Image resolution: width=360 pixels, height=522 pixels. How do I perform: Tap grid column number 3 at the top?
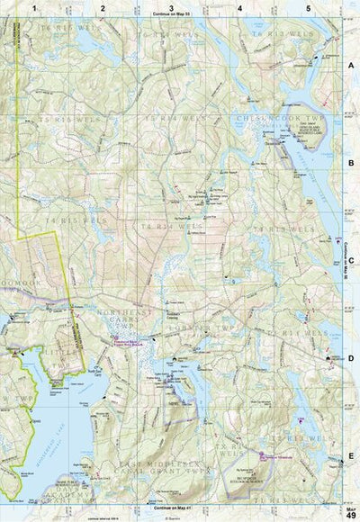[x=171, y=7]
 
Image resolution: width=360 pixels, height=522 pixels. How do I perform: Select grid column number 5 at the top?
[x=308, y=7]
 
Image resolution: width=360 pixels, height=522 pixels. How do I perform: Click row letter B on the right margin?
[x=352, y=165]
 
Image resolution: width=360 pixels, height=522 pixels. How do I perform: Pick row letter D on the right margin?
[x=352, y=358]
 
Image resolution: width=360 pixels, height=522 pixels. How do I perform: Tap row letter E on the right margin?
[x=352, y=456]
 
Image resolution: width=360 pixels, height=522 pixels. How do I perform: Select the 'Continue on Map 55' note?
[x=171, y=15]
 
